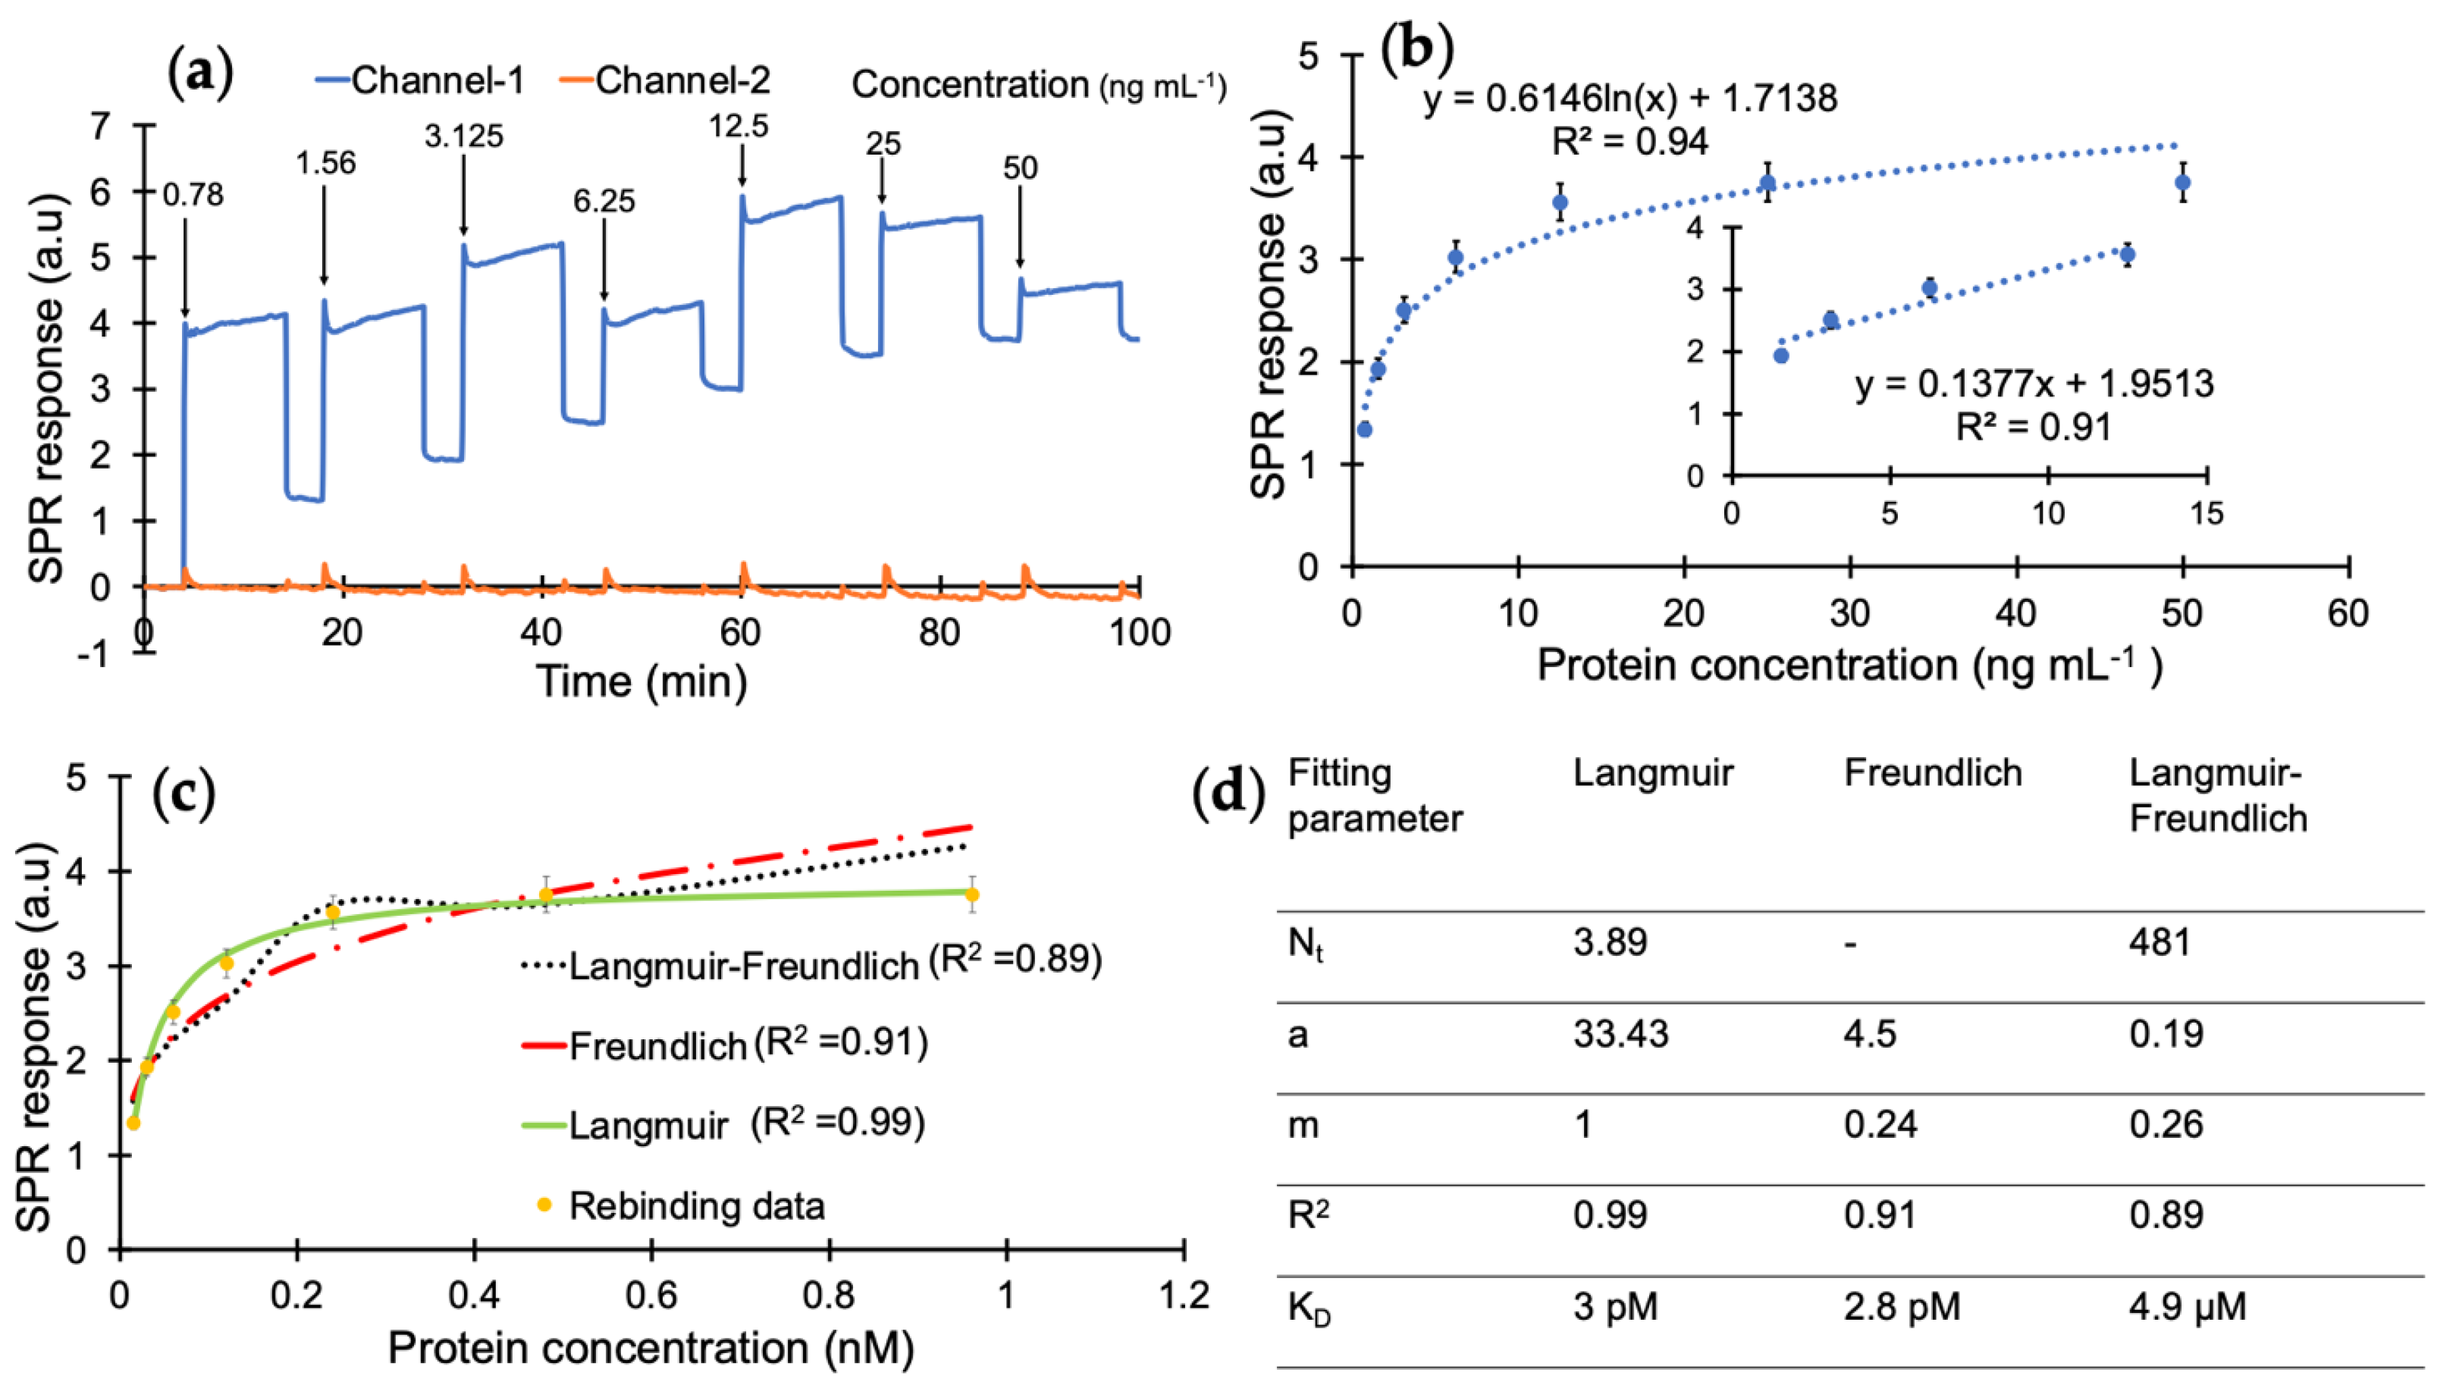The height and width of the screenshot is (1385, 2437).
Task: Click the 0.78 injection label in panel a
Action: click(x=193, y=195)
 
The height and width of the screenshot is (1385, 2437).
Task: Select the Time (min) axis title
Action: click(x=641, y=681)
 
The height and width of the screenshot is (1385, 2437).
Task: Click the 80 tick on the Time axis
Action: click(x=939, y=632)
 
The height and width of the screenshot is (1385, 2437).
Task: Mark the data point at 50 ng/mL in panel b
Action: click(x=2182, y=183)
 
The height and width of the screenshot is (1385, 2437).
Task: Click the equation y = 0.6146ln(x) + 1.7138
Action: click(x=1629, y=98)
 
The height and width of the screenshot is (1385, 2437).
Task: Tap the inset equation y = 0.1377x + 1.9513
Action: click(x=2034, y=384)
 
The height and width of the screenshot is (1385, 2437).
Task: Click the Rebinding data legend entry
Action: click(x=695, y=1206)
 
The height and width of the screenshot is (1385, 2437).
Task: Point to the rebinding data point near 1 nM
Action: click(x=971, y=895)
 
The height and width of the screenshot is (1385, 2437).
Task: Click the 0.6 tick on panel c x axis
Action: click(x=651, y=1296)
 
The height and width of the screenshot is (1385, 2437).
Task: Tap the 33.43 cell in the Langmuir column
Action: click(x=1620, y=1034)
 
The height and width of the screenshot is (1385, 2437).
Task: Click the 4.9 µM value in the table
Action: click(x=2187, y=1307)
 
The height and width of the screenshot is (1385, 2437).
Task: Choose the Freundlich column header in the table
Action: click(x=1932, y=772)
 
